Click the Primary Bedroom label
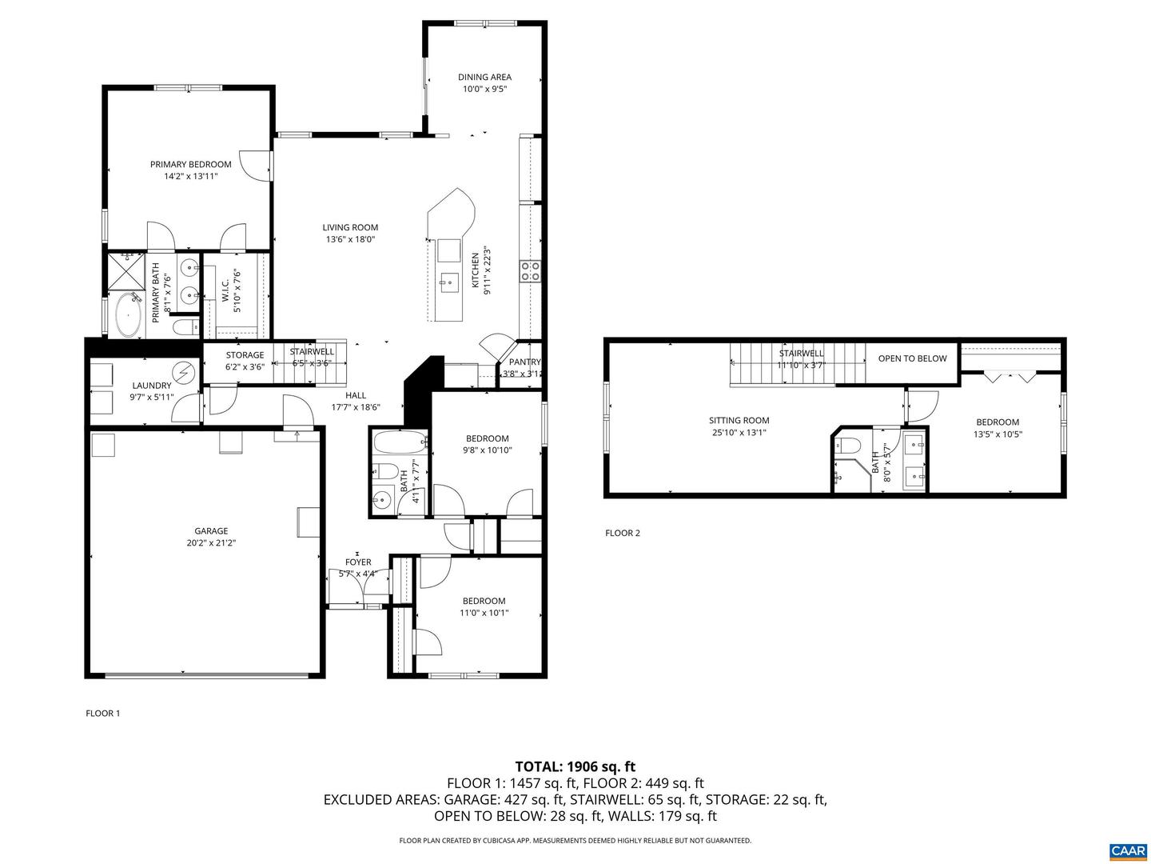(x=190, y=164)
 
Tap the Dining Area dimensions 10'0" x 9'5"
(x=484, y=90)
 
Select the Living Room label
(x=350, y=227)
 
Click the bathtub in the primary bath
(x=128, y=314)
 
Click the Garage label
(x=211, y=530)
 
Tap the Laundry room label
(x=151, y=386)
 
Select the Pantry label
(x=524, y=362)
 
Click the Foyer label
(x=358, y=562)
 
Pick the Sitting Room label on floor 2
(x=739, y=420)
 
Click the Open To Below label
(x=912, y=358)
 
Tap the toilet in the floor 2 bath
(x=850, y=446)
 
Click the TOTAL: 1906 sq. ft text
(x=575, y=766)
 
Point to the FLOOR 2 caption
(x=622, y=533)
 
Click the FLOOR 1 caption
(x=102, y=713)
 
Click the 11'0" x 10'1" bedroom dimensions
(x=484, y=613)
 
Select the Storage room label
(x=245, y=355)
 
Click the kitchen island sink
(x=448, y=282)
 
